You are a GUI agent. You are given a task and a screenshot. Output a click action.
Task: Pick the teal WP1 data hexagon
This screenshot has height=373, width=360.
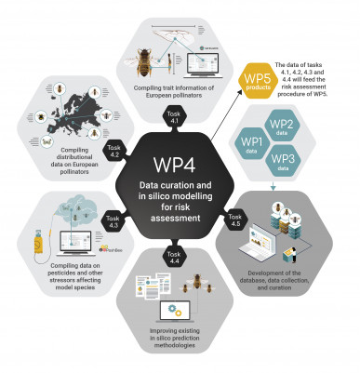point(251,143)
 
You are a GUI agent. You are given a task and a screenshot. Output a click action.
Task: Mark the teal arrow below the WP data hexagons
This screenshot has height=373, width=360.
point(272,188)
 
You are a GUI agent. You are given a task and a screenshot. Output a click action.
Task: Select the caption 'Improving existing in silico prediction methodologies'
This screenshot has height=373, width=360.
point(174,340)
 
